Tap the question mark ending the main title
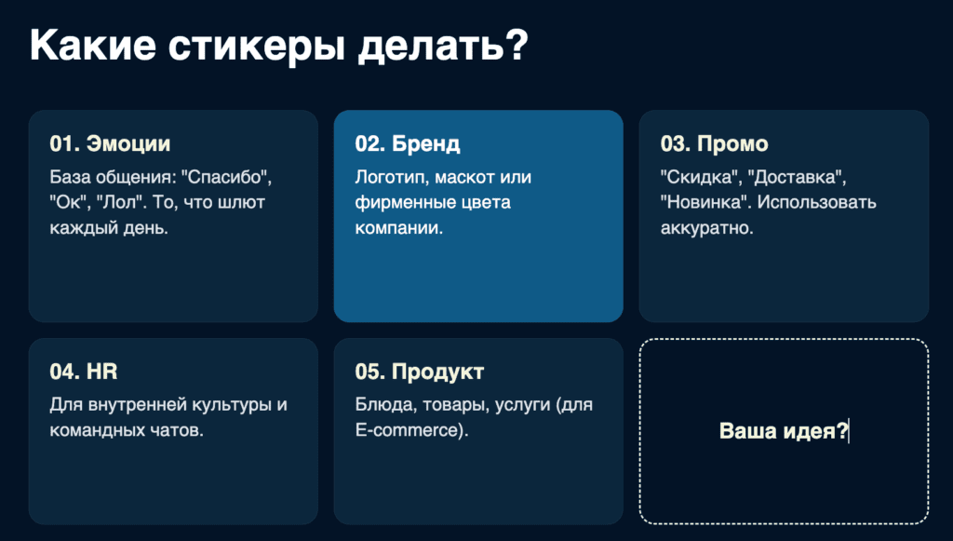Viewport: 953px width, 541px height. (516, 44)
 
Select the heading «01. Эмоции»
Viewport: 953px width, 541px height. (110, 143)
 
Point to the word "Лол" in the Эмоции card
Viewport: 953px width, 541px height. (121, 202)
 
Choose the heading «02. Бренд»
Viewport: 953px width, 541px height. (408, 144)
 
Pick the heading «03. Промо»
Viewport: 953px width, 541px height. (714, 144)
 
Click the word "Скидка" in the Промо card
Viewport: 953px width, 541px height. (701, 178)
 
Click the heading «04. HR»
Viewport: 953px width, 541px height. (83, 372)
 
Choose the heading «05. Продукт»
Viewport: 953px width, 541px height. (420, 372)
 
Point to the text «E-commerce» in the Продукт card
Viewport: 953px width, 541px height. (406, 430)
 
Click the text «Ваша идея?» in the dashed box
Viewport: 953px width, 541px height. (784, 431)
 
